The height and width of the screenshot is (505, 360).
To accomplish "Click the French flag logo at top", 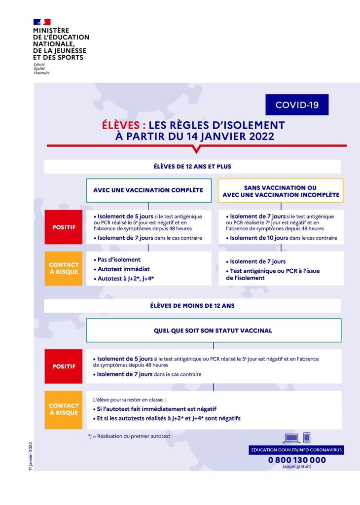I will pos(42,22).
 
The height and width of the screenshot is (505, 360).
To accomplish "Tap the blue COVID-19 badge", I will pos(297,105).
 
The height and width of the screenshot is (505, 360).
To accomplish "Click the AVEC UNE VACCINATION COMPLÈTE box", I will pos(148,190).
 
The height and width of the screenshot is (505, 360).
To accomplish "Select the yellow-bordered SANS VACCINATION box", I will pos(281,191).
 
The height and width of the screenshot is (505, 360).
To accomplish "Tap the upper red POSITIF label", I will pos(64,227).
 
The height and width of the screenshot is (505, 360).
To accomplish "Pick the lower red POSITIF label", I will pos(64,366).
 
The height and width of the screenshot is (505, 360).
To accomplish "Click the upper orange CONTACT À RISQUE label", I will pos(64,268).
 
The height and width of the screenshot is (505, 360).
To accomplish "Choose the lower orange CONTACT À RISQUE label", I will pos(64,409).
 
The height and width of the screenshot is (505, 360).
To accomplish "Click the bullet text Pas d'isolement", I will pos(118,259).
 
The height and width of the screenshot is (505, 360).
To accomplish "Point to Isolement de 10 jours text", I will pos(259,238).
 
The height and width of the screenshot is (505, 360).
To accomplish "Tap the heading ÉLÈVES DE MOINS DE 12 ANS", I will pos(192,306).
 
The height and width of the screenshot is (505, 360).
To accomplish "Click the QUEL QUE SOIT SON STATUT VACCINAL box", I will pos(214,330).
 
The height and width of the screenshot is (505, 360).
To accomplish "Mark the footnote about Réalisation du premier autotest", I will pos(129,436).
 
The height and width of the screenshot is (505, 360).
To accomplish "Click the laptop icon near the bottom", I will pos(291,437).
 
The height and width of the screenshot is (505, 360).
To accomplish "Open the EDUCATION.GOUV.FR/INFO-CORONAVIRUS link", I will pos(297,450).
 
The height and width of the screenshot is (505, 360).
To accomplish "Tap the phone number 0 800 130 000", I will pos(297,460).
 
